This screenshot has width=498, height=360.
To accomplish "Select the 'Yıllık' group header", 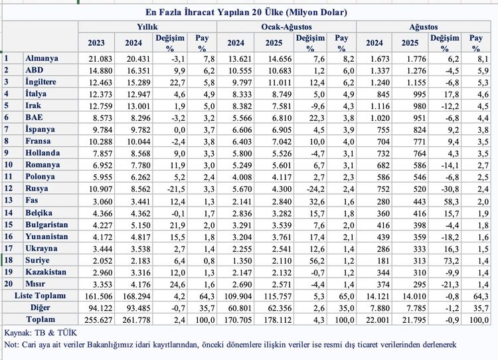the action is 147,27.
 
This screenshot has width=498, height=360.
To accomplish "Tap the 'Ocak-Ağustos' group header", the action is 286,27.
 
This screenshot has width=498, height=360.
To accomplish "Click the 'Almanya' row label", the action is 42,58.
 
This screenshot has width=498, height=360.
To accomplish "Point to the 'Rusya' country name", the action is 37,189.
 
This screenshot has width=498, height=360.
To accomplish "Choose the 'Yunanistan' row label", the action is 46,236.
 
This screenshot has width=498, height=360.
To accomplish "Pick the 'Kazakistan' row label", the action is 46,272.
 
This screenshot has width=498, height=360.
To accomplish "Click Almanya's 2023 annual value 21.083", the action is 100,59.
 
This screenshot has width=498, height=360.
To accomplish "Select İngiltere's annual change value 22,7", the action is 177,82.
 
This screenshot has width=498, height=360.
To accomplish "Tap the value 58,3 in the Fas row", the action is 452,201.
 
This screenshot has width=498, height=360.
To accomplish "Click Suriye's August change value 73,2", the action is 452,261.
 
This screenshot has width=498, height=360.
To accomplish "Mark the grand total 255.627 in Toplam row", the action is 98,320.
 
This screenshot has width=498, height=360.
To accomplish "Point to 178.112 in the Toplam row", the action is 278,320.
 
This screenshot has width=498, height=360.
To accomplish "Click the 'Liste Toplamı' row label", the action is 40,296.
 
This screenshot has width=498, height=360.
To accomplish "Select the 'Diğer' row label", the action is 40,308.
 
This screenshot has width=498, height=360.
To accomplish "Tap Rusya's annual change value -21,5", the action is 176,189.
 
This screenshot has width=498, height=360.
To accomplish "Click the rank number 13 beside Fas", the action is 9,201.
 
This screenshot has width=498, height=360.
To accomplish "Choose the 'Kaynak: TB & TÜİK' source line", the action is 41,333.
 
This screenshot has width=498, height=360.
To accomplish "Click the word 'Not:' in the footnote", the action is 11,345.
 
